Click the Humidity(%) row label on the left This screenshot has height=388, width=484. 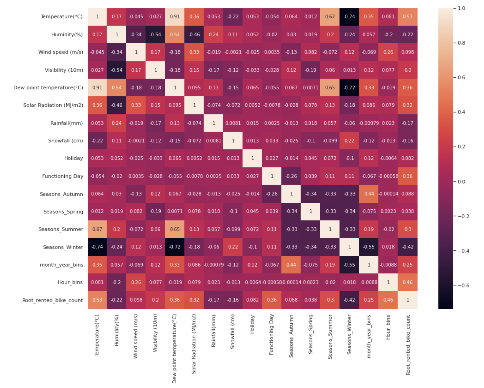coord(67,35)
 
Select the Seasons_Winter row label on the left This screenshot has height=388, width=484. coord(63,247)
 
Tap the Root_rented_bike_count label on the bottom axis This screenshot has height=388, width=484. coord(408,345)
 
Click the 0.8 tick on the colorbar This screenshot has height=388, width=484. coord(461,43)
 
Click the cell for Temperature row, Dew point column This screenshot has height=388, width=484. coord(175,17)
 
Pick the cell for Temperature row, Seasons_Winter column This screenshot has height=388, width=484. coord(349,17)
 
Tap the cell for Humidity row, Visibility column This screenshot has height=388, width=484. coord(156,35)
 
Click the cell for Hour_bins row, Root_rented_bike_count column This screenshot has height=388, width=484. coord(408,282)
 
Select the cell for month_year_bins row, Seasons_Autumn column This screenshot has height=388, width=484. coord(291,264)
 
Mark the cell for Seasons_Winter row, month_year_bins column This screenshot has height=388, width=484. coord(369,247)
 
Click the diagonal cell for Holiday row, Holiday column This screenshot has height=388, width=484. coord(253,158)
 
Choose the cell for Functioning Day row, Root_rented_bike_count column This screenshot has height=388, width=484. coord(408,176)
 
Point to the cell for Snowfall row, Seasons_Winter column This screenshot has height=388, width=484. coord(349,141)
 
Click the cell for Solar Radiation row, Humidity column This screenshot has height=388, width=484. coord(117,105)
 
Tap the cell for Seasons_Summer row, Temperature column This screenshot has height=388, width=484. coord(97,229)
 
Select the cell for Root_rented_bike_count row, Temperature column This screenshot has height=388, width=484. coord(97,300)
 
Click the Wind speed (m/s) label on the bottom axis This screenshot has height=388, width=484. coord(135,336)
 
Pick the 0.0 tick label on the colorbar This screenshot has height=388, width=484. coord(461,181)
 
